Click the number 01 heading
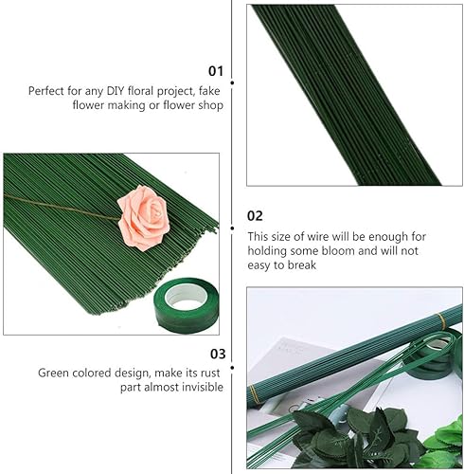coord(216,71)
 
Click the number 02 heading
coord(255,216)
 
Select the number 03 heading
coord(218,354)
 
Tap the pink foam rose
coord(144,217)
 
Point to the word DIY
coord(116,91)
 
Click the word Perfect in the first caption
coord(46,91)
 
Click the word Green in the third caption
coord(53,373)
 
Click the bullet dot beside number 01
coord(232,82)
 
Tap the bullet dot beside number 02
coord(232,228)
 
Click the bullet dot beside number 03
coord(232,368)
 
